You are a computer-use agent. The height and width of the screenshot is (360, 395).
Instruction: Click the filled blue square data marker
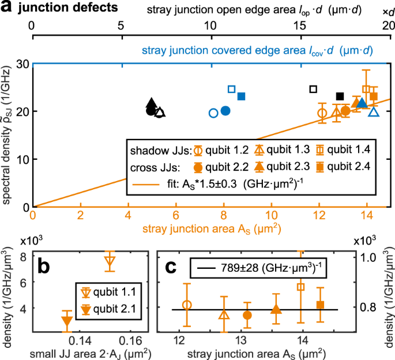click(242, 96)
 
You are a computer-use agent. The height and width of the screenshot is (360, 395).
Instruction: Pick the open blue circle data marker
click(213, 112)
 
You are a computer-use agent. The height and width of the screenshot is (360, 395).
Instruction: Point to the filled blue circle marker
click(225, 110)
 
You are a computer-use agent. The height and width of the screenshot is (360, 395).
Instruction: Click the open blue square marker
click(232, 89)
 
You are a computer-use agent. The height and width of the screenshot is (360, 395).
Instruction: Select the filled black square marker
click(340, 96)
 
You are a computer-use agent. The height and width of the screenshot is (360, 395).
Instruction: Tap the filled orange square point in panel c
click(321, 305)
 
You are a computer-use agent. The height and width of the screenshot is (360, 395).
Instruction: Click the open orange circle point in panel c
click(186, 305)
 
